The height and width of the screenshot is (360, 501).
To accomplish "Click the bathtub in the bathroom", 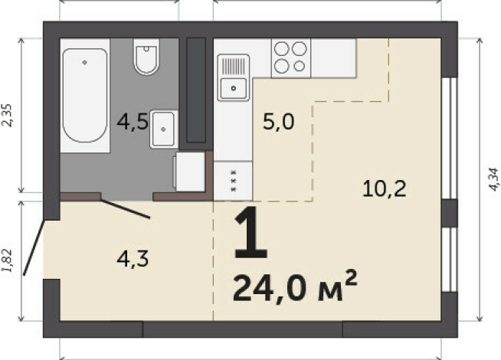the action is [x=85, y=96].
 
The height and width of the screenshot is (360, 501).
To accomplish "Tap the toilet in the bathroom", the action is [x=146, y=57].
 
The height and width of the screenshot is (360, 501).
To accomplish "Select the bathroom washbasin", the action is [x=164, y=129].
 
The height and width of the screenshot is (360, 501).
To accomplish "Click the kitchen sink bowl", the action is [x=233, y=88].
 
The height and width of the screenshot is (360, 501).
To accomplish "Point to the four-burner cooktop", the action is [x=291, y=57].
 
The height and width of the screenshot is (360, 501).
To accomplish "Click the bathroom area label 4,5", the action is [x=133, y=122].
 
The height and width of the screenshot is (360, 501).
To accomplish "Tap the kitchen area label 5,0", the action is [x=278, y=122].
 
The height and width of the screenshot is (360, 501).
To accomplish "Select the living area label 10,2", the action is [x=385, y=188].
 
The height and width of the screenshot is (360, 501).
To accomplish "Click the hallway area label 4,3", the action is [x=133, y=259].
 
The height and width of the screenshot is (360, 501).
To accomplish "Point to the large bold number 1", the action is [x=250, y=232].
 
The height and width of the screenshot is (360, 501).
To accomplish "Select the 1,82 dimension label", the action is [x=7, y=260].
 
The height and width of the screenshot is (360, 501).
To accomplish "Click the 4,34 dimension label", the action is [x=494, y=179].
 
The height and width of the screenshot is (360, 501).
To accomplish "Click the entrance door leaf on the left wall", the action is [x=34, y=247].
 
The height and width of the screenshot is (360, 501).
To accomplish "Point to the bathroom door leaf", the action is [x=126, y=209].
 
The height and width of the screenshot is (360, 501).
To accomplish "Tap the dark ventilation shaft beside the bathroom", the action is [x=196, y=90].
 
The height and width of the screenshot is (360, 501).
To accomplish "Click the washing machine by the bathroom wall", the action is [x=189, y=172].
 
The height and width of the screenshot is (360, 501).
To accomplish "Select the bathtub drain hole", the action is [x=85, y=63].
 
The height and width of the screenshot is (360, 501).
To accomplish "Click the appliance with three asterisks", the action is [x=233, y=181].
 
